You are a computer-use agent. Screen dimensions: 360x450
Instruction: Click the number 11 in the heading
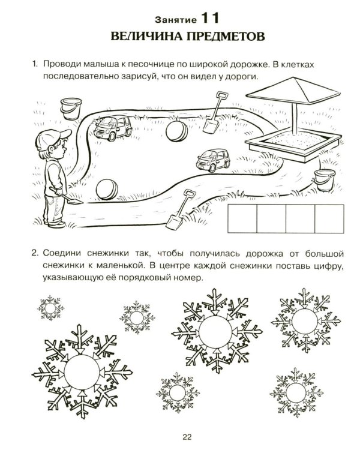[210, 19]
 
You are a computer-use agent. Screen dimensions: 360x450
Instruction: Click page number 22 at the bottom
[187, 437]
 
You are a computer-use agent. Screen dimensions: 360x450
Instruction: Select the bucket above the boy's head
[71, 109]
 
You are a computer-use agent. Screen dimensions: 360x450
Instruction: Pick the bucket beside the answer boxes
[325, 179]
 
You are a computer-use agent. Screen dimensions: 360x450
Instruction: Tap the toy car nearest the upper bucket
[113, 128]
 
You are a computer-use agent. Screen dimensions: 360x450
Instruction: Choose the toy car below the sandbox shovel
[213, 160]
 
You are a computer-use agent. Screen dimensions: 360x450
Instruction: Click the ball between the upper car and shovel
[176, 131]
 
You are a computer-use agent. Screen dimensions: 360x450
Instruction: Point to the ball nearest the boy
[107, 190]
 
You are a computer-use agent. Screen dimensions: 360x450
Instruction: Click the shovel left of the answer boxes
[180, 209]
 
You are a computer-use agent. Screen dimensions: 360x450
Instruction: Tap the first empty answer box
[242, 218]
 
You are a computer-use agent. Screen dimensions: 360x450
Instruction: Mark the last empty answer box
[329, 218]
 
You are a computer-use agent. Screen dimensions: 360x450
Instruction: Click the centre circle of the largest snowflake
[82, 372]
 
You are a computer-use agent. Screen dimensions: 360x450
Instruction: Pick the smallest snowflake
[50, 308]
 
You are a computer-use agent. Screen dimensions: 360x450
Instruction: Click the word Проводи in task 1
[61, 64]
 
